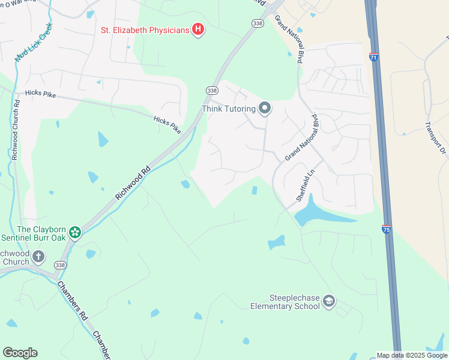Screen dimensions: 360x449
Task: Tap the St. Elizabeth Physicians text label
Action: (x=145, y=29)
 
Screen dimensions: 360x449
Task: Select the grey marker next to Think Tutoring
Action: (x=265, y=109)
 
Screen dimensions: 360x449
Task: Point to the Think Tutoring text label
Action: (x=228, y=109)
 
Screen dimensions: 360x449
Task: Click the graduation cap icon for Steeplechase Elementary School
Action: (x=328, y=301)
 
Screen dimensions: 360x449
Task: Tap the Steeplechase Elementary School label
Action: (x=285, y=301)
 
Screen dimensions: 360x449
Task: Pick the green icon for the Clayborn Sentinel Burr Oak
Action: (x=75, y=232)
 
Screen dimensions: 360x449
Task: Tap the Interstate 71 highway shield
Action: (x=373, y=57)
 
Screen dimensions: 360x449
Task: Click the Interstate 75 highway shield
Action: (x=386, y=229)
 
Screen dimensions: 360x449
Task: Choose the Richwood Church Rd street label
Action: (x=17, y=129)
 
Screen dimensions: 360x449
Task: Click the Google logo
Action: (x=20, y=353)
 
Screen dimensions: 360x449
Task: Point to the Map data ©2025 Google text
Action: (x=412, y=355)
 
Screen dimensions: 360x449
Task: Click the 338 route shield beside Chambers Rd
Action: (x=59, y=265)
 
